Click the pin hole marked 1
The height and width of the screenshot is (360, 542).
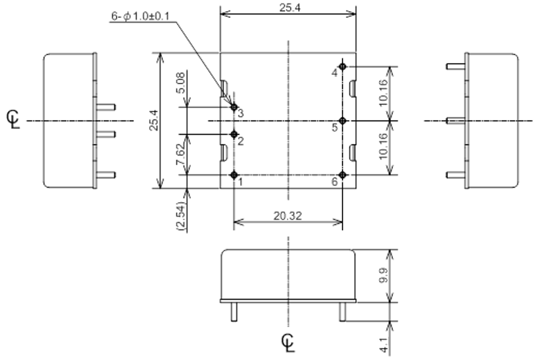click(234, 175)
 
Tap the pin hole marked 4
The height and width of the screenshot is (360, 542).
click(343, 66)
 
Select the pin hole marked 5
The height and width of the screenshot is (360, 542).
click(343, 121)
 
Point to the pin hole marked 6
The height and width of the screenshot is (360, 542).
click(343, 175)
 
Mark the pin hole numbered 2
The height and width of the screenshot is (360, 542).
click(234, 134)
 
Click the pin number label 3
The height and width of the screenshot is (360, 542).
click(241, 113)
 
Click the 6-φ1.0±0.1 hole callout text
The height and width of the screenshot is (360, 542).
click(140, 17)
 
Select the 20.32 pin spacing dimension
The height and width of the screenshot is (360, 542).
click(288, 216)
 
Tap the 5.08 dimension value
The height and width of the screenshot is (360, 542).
click(181, 83)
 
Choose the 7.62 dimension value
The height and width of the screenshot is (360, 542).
click(181, 154)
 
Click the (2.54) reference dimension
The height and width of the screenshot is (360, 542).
click(181, 216)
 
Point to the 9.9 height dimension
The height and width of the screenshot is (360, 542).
click(384, 275)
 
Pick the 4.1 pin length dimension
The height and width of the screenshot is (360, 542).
click(384, 345)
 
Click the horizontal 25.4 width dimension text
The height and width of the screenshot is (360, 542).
click(290, 7)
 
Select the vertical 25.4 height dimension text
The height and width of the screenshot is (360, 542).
click(154, 120)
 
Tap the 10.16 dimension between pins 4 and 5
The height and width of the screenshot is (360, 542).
click(384, 93)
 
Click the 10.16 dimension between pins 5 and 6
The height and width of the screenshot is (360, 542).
click(384, 147)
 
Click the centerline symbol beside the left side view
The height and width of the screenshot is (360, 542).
click(13, 119)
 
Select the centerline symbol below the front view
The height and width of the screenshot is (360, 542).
click(288, 343)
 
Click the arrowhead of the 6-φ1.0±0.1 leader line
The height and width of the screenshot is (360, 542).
click(232, 104)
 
